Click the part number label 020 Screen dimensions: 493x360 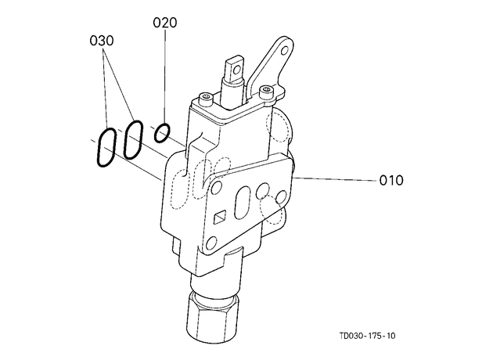[165, 23]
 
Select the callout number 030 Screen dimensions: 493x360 [102, 41]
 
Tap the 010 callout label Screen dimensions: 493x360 [391, 181]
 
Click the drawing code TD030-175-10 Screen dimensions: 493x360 [367, 336]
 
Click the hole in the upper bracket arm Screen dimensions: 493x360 [285, 50]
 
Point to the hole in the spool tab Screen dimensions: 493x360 [236, 68]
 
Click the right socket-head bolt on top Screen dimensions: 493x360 [266, 91]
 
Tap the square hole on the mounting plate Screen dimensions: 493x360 [220, 218]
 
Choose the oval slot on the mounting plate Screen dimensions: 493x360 [243, 202]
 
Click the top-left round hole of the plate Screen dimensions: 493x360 [217, 188]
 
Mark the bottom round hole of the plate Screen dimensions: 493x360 [211, 243]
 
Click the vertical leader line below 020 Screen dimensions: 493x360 [165, 77]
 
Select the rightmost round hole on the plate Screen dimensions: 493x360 [282, 196]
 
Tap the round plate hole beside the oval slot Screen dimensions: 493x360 [262, 190]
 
